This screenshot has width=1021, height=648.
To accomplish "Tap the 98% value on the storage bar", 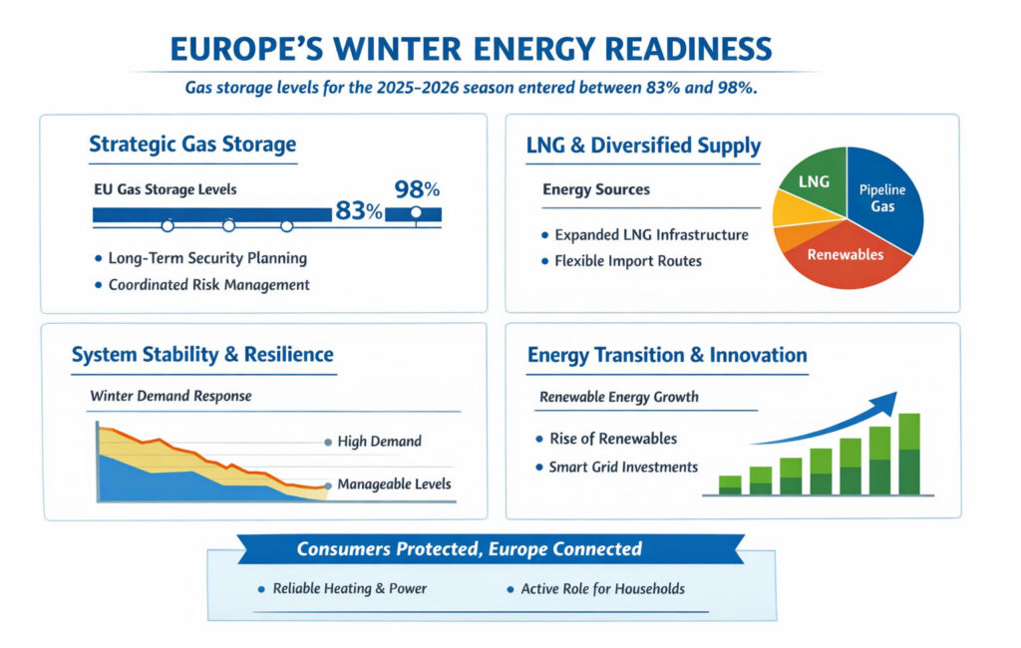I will [x=416, y=188].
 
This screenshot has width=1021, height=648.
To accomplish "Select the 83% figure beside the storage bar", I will [x=359, y=211].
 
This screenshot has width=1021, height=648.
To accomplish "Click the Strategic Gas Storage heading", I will [x=192, y=144].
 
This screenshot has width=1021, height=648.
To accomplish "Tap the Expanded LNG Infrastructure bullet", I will [x=651, y=235].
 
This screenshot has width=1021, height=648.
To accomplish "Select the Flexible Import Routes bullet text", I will [x=628, y=261].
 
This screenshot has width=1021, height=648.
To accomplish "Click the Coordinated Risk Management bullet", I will [x=208, y=284].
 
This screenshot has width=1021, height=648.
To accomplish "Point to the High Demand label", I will [x=379, y=441].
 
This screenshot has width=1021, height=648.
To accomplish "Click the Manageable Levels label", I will [x=394, y=485].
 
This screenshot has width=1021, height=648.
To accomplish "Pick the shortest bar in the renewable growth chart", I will [x=730, y=485].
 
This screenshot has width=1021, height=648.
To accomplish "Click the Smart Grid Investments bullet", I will [x=623, y=467].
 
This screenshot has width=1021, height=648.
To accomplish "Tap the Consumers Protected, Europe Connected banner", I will [x=470, y=549].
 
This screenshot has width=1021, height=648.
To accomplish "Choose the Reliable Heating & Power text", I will [x=349, y=588].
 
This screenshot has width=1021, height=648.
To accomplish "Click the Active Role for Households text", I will [x=602, y=588].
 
